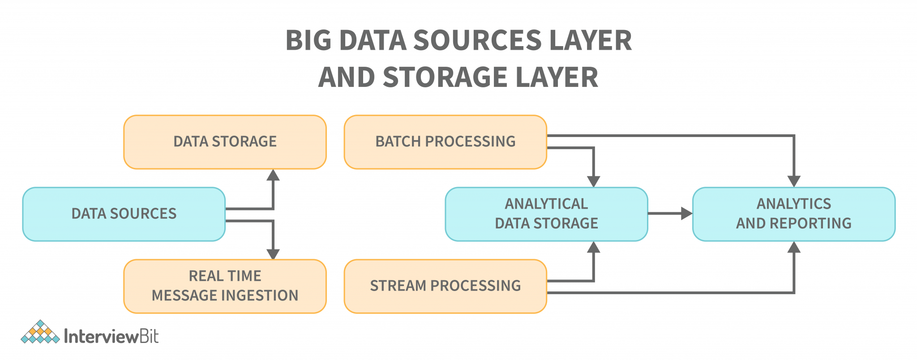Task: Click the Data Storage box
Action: (x=225, y=142)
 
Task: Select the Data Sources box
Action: (x=124, y=214)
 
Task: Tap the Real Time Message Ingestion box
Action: (x=225, y=286)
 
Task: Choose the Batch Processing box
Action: (x=445, y=142)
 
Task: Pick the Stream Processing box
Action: (x=445, y=286)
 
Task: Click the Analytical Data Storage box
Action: (x=546, y=214)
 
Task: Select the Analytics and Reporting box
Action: (x=793, y=214)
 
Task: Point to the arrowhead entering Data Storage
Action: (x=273, y=176)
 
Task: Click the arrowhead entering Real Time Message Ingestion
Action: (x=273, y=254)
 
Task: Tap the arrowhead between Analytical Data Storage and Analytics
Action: (x=686, y=214)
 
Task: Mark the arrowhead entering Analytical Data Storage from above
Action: (x=593, y=181)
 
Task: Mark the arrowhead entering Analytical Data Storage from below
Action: (x=593, y=247)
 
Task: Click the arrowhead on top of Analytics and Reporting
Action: (x=794, y=181)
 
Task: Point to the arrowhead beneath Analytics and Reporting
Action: (x=794, y=247)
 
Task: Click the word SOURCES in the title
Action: (x=477, y=40)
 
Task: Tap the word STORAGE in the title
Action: (x=446, y=77)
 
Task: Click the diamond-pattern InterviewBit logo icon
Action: (x=40, y=332)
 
